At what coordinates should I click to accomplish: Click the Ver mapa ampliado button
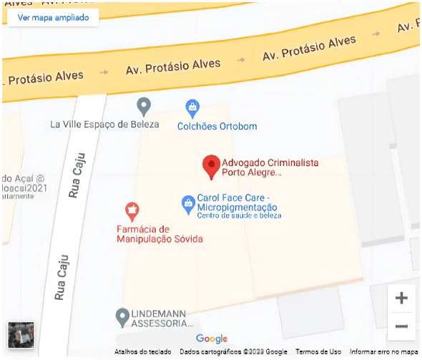coord(53,17)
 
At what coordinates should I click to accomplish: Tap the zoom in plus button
coord(401,298)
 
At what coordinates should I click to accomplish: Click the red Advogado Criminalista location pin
coord(211,166)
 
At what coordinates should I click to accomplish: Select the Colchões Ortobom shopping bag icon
coord(192,109)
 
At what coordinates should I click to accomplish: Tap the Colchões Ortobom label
coord(217,127)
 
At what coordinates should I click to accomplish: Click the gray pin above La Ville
coord(144,107)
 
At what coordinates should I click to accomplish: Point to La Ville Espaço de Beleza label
coord(104,124)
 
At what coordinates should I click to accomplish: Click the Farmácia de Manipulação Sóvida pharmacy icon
coord(132,210)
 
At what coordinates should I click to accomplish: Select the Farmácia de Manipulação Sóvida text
coord(160,234)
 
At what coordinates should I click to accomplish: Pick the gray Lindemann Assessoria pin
coord(122,316)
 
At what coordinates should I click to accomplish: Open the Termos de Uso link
coord(318,351)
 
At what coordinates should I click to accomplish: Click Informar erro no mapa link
coord(383,351)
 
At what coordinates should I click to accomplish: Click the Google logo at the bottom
coord(212,339)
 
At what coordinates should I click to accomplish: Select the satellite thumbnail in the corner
coord(21,335)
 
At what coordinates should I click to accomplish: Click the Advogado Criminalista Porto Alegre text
coord(270,167)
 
